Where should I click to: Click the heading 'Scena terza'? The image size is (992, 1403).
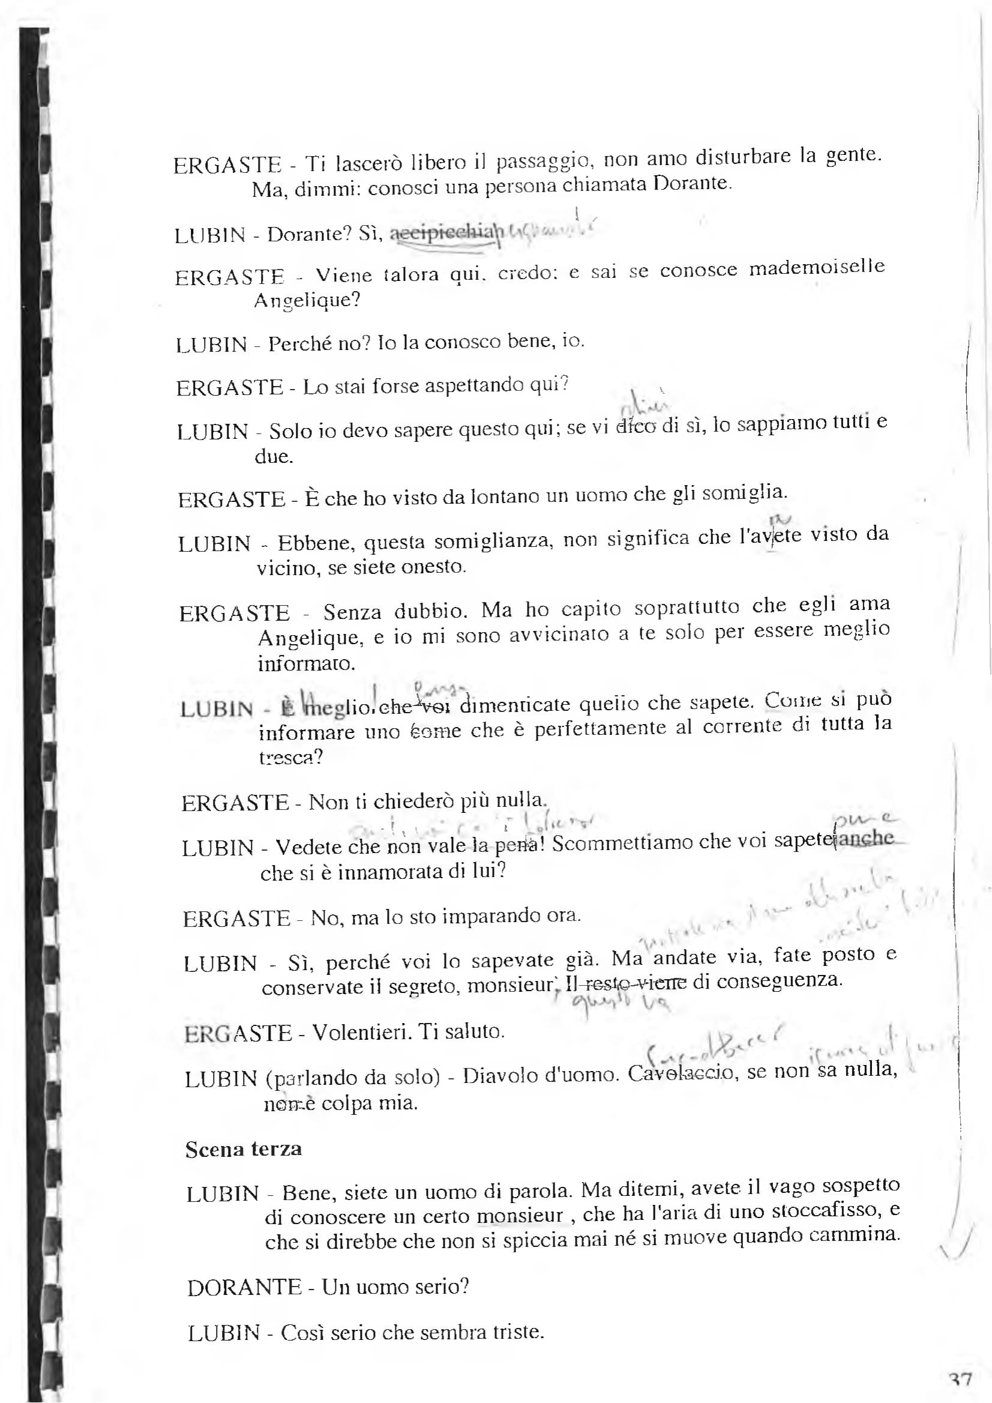click(x=243, y=1149)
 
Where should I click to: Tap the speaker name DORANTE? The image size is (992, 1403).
click(x=244, y=1288)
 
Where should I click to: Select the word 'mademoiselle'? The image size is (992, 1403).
click(x=817, y=268)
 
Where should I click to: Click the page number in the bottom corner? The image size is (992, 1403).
click(x=961, y=1380)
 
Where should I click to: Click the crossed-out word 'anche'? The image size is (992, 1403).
click(x=866, y=837)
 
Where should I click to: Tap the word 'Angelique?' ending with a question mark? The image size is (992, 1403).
click(x=307, y=301)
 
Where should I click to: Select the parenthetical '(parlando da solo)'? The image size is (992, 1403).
click(x=352, y=1076)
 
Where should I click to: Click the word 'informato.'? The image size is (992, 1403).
click(x=306, y=663)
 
